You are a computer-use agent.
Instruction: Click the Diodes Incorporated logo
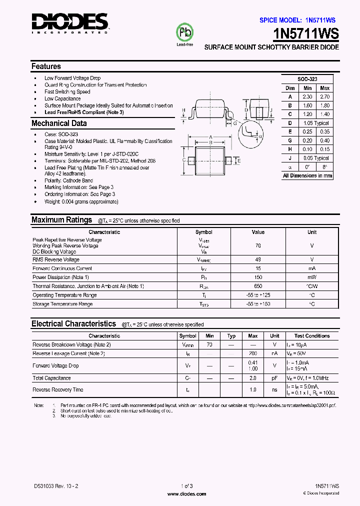click(x=69, y=23)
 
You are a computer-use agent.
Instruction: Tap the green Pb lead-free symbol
click(x=184, y=33)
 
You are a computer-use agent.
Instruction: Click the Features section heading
click(x=46, y=66)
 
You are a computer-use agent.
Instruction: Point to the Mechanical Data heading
click(x=59, y=123)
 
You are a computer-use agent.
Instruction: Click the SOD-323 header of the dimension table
click(x=307, y=79)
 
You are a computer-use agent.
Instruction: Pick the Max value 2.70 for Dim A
click(x=324, y=96)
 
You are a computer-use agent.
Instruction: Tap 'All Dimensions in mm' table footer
click(x=307, y=175)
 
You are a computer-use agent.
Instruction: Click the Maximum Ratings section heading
click(x=61, y=219)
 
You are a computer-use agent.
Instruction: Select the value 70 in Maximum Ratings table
click(x=258, y=246)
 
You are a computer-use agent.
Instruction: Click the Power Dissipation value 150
click(x=258, y=277)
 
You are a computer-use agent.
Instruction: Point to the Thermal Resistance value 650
click(x=258, y=286)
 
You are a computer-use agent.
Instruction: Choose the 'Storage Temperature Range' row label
click(x=62, y=303)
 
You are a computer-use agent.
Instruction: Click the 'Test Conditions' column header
click(x=312, y=336)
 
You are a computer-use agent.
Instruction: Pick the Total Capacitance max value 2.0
click(x=253, y=378)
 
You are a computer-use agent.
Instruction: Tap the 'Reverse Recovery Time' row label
click(x=58, y=389)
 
